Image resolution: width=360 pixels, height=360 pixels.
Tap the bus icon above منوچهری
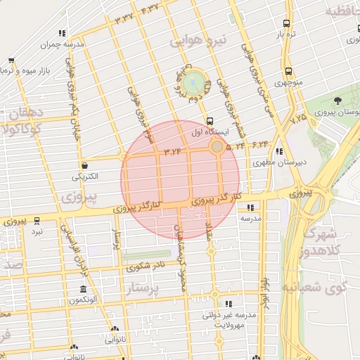point(288,71)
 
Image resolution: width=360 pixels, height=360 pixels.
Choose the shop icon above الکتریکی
point(85,165)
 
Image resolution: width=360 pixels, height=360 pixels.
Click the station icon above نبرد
point(37,219)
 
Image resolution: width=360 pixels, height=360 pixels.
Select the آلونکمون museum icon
point(83,290)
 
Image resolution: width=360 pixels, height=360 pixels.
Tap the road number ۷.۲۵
point(297,120)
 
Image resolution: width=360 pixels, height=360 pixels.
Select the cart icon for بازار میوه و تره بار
point(11,62)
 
